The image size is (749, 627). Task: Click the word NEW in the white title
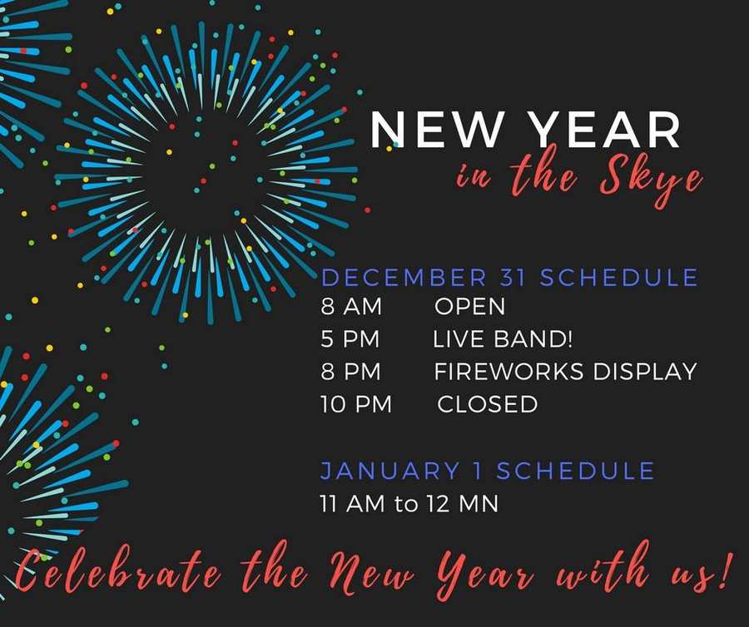(437, 130)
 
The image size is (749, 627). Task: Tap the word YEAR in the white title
(606, 130)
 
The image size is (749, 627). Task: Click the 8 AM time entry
(351, 306)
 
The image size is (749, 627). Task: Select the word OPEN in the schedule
(469, 306)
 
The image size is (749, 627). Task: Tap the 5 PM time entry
(350, 339)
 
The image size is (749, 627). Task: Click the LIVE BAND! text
(503, 339)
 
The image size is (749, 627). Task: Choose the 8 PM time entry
(351, 372)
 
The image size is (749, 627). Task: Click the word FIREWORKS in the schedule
(508, 372)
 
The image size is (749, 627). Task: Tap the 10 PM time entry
(356, 404)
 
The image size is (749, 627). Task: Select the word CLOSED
(487, 404)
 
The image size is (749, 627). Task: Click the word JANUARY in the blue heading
(389, 471)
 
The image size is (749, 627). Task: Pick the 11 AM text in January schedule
(353, 504)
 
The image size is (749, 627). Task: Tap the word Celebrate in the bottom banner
(118, 570)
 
